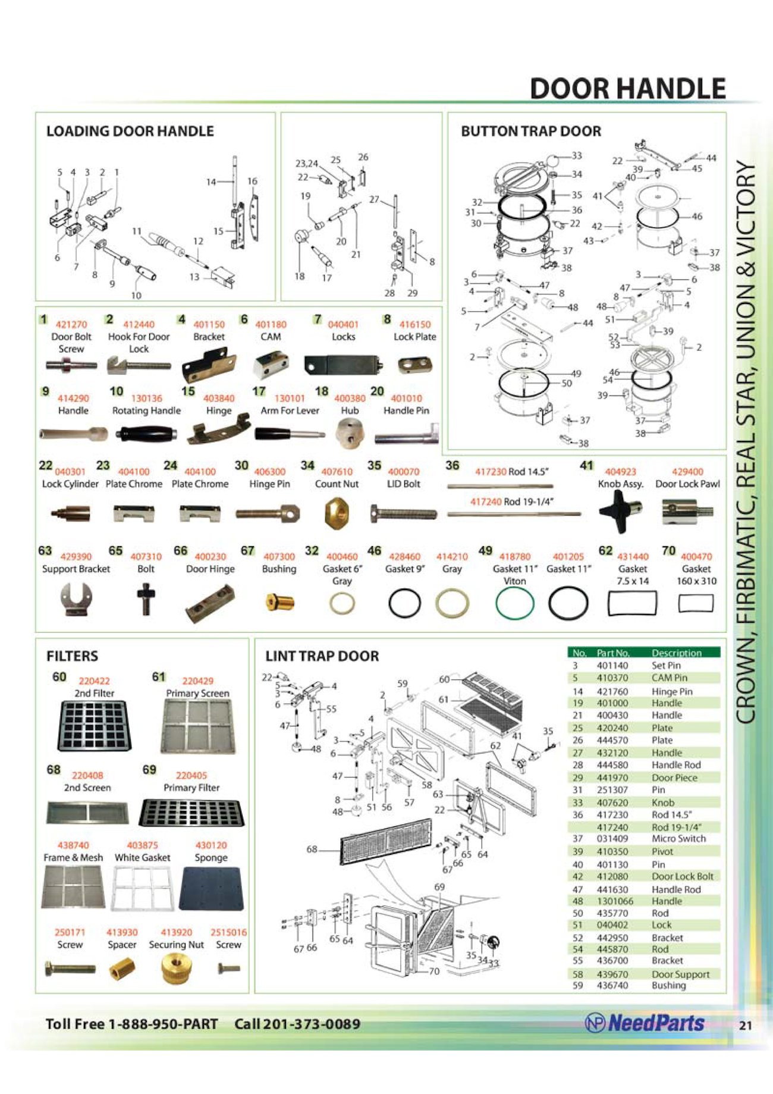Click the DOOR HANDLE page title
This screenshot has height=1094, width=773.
point(627,89)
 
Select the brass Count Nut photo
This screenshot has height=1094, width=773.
point(336,513)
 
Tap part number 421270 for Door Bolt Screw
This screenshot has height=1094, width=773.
point(71,324)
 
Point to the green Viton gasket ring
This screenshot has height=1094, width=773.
point(514,603)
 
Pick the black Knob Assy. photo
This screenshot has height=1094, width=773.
point(620,511)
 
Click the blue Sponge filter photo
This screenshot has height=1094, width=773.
point(211,888)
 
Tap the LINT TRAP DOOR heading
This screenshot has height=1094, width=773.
point(322,656)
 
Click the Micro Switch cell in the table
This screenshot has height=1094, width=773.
point(678,838)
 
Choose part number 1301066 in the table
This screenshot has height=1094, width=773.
point(615,901)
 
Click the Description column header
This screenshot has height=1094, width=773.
point(676,653)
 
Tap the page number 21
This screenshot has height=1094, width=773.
point(746,1025)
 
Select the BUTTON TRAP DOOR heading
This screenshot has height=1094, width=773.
point(531,131)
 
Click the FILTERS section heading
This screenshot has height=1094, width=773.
point(72,656)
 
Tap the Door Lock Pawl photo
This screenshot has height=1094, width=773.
point(687,512)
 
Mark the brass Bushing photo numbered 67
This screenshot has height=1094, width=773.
point(279,602)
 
